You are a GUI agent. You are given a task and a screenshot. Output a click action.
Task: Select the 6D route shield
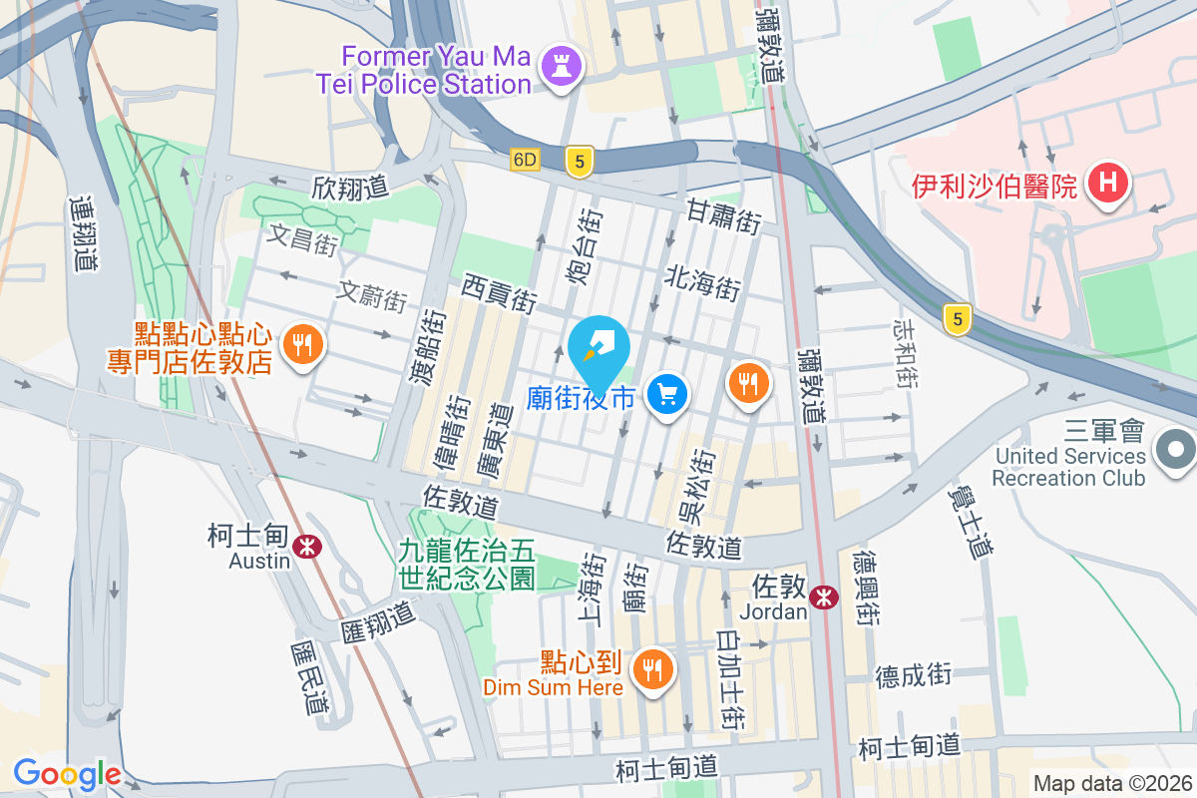pos(526,160)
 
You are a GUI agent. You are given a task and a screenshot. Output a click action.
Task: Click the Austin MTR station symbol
pos(307,545)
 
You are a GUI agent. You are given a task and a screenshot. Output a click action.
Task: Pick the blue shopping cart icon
pos(667,396)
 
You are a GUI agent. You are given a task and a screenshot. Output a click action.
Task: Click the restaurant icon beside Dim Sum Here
pos(653,667)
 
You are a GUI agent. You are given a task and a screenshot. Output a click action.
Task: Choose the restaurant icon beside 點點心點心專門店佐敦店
pos(301,346)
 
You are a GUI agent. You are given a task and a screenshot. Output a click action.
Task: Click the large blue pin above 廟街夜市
pos(598,349)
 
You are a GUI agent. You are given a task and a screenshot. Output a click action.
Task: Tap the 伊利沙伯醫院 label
pos(996,186)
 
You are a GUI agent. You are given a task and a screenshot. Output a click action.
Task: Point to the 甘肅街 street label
pos(723,215)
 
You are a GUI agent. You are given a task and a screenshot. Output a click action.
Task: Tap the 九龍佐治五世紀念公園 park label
pos(468,563)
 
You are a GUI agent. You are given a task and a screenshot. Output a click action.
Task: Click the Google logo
pos(67,773)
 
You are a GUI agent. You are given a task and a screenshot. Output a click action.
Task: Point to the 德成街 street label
pos(914,675)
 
